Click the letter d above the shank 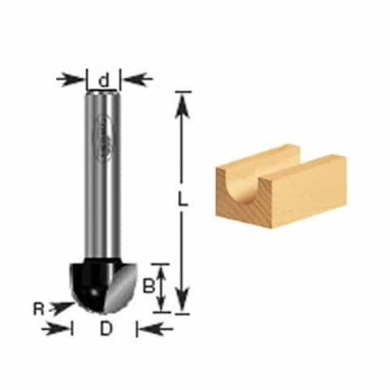tap(104, 80)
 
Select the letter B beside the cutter tap(147, 285)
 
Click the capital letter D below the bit tap(105, 328)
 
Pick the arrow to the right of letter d tap(136, 79)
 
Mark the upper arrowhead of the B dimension tap(162, 271)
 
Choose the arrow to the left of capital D tap(57, 328)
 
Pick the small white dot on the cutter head tap(95, 290)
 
